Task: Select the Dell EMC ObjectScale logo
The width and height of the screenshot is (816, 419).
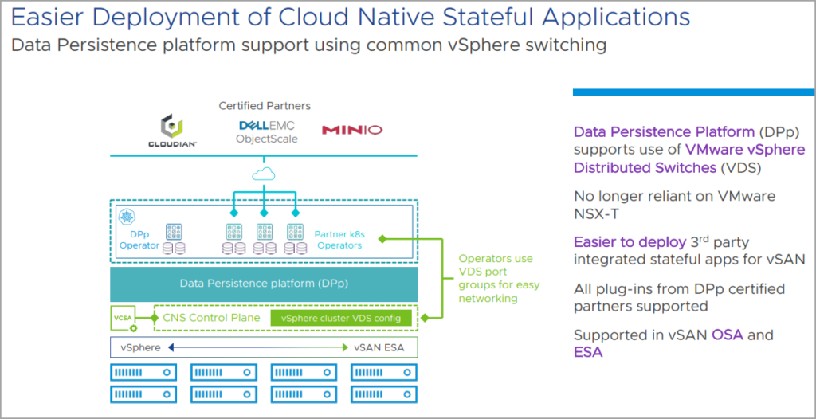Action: coord(267,131)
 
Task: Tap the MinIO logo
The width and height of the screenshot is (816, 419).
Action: coord(351,130)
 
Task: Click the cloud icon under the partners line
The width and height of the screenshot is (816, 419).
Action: coord(264,174)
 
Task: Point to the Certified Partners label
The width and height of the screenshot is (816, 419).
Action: coord(265,105)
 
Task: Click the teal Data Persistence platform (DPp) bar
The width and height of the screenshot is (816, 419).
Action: coord(264,284)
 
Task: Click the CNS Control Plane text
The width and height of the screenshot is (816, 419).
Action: coord(211,318)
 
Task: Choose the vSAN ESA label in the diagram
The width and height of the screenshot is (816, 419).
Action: coord(380,347)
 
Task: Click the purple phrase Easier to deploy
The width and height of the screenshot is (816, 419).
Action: coord(629,242)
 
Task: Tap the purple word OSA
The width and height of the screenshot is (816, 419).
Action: coord(728,335)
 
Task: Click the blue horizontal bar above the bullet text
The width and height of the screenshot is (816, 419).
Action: coord(693,92)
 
